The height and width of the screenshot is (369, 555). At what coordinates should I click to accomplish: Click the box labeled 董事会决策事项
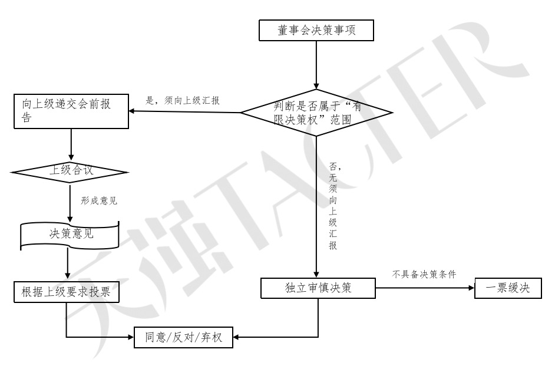point(316,30)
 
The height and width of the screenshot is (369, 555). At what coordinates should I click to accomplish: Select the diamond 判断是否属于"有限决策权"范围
point(316,113)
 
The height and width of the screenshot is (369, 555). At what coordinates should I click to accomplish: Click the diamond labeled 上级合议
point(70,172)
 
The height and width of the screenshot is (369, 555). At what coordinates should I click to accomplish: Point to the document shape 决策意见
point(70,234)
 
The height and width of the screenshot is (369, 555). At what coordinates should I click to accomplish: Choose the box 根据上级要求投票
point(66,292)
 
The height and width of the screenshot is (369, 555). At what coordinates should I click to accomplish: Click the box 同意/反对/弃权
point(184,338)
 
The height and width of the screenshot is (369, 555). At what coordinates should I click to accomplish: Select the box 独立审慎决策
point(318,288)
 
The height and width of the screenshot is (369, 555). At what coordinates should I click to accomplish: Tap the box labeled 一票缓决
point(508,288)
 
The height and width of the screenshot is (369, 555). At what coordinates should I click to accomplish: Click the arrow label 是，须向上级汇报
point(183,100)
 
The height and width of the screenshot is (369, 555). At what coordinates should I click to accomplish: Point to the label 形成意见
point(99,200)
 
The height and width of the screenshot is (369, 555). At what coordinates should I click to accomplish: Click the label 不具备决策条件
point(424,274)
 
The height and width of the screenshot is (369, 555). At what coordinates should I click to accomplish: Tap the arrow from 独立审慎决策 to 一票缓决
point(424,288)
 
